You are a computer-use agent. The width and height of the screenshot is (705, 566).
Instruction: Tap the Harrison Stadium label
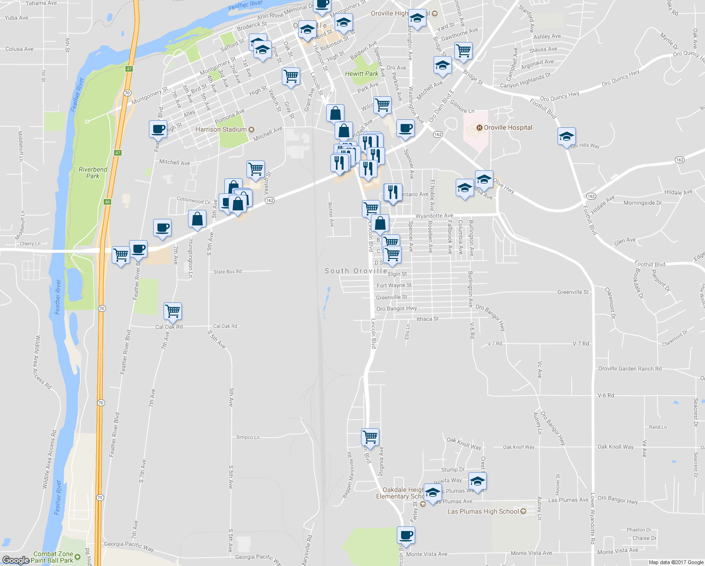click(221, 129)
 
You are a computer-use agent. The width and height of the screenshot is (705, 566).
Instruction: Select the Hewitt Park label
click(361, 74)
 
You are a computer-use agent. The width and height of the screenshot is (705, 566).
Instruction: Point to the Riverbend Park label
click(93, 173)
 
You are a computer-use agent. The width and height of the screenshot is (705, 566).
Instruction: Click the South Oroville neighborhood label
click(356, 271)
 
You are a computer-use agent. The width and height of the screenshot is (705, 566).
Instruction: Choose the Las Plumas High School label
click(483, 511)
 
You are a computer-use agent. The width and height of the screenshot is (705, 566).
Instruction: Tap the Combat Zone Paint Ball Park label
click(53, 557)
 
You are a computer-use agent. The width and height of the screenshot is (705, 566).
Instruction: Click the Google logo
click(16, 560)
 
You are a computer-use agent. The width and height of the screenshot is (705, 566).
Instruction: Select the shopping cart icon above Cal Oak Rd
click(173, 311)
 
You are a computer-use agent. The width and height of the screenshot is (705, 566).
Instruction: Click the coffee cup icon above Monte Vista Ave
click(406, 535)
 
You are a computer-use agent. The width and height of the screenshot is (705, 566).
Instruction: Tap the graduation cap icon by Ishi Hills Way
click(566, 136)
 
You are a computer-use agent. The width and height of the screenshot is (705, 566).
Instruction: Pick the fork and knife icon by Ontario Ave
click(393, 192)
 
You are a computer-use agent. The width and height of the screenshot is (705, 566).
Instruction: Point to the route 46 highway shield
click(107, 202)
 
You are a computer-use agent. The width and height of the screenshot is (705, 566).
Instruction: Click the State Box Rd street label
click(227, 272)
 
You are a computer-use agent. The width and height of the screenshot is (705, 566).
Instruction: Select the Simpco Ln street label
click(247, 437)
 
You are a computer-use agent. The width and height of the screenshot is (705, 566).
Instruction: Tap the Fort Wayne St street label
click(394, 285)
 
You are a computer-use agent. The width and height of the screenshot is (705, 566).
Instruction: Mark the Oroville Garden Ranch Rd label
click(630, 369)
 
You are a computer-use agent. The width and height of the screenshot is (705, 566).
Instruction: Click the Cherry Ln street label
click(30, 244)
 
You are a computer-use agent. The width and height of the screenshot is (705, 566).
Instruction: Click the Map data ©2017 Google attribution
click(676, 562)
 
